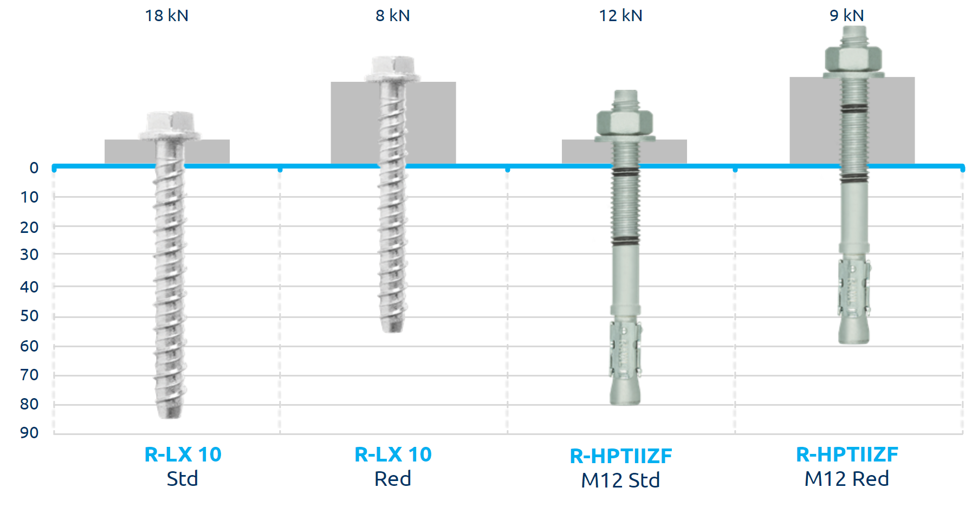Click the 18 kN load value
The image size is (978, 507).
pos(166,15)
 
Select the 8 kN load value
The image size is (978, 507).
pos(393,15)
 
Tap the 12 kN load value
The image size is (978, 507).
pos(620,15)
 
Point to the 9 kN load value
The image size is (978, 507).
pos(847,15)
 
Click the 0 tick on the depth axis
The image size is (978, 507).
pos(34,168)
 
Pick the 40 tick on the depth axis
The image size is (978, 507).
pos(29,287)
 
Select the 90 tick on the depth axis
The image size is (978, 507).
pos(29,432)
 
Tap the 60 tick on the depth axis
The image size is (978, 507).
pos(29,346)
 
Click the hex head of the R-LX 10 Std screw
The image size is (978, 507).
pos(170,125)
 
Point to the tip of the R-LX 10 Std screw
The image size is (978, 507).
pos(169,416)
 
